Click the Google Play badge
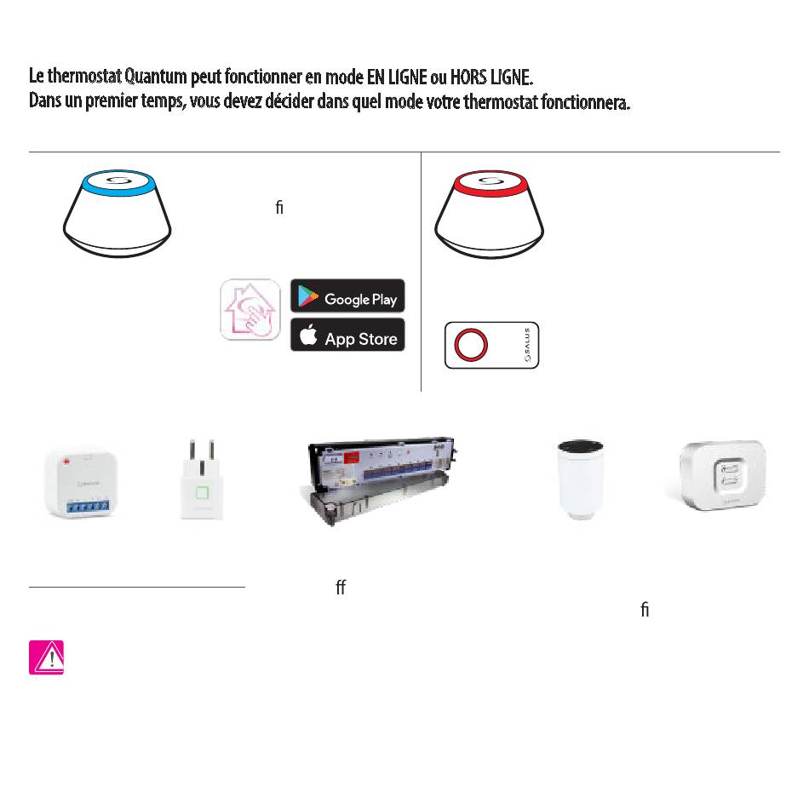click(347, 296)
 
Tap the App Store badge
click(347, 336)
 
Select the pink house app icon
click(250, 310)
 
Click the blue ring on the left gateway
click(118, 185)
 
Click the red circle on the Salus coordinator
click(471, 346)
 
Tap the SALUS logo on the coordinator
click(527, 346)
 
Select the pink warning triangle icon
click(46, 657)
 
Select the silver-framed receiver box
click(723, 476)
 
